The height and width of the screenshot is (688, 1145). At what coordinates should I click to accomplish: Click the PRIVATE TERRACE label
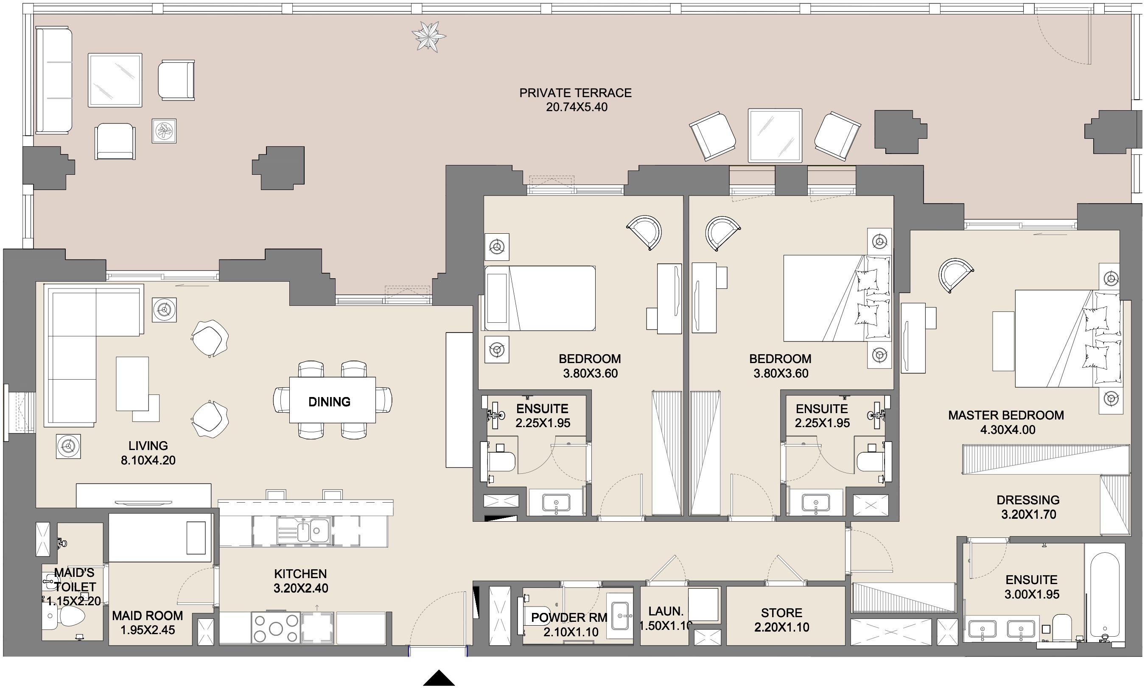click(x=575, y=93)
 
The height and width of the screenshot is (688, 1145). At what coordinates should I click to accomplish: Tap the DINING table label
click(x=329, y=402)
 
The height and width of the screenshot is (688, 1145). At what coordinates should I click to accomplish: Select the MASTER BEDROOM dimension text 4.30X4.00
click(x=1007, y=430)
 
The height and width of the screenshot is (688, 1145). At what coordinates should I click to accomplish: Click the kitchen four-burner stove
click(x=276, y=628)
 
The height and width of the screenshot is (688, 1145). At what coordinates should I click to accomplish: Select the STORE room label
click(x=781, y=613)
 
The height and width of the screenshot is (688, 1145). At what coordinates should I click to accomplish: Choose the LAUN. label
click(x=666, y=611)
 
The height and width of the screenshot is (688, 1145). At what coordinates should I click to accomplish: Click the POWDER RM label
click(x=569, y=618)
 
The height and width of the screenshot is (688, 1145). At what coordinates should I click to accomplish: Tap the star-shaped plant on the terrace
click(x=429, y=36)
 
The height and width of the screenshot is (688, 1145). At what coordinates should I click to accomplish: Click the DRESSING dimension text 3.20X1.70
click(x=1029, y=514)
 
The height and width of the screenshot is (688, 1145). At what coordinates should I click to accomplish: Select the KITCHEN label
click(x=300, y=573)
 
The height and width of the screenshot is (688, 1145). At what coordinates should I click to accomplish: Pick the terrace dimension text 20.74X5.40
click(x=576, y=107)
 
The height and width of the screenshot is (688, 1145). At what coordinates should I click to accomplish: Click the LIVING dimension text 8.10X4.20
click(x=148, y=460)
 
